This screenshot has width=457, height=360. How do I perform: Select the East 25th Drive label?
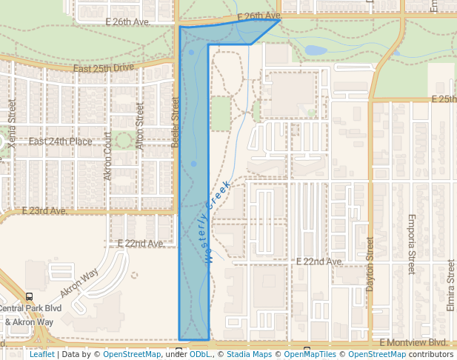point(104,68)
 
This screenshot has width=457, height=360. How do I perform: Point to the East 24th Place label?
point(61,141)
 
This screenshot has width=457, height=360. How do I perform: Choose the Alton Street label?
point(139,127)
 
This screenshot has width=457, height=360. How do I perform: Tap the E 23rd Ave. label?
point(44,211)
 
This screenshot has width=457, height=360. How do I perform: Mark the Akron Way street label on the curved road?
point(79,283)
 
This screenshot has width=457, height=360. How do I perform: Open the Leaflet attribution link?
point(42,355)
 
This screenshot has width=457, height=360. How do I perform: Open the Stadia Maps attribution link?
point(250,355)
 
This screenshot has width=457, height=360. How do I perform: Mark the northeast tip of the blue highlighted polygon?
point(280,20)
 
